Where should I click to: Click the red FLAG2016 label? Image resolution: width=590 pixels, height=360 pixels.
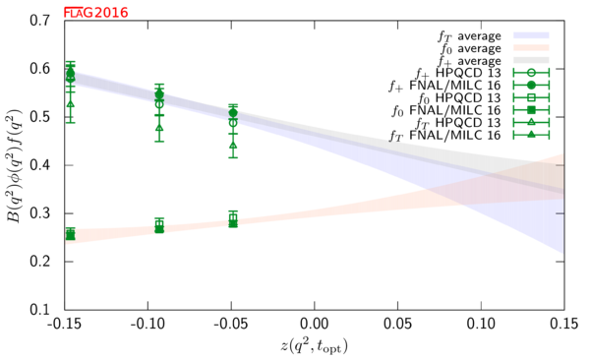click(x=96, y=13)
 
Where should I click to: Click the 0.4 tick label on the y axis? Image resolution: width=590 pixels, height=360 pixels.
click(x=39, y=165)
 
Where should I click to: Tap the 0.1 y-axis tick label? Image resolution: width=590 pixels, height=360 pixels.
click(x=39, y=310)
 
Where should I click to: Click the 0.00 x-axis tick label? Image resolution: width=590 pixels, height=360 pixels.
click(x=315, y=324)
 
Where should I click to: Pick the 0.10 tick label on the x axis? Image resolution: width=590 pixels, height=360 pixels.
click(x=481, y=324)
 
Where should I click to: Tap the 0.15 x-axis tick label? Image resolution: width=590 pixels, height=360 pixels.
click(x=564, y=324)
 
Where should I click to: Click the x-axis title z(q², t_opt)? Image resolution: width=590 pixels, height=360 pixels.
click(x=315, y=345)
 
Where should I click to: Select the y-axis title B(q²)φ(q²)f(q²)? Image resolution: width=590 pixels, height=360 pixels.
click(x=15, y=165)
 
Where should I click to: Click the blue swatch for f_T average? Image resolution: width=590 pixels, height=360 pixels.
click(x=531, y=35)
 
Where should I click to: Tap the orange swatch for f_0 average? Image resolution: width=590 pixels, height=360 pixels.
click(x=531, y=48)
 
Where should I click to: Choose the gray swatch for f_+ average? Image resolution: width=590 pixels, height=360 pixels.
click(x=531, y=60)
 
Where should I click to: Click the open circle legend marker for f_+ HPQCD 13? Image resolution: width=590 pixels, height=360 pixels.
click(x=531, y=73)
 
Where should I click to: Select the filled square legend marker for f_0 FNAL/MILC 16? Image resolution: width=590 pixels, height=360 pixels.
click(x=531, y=110)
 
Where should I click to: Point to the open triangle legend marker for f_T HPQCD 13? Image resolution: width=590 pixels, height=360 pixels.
click(x=531, y=122)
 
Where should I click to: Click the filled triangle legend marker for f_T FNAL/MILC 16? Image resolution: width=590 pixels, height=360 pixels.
click(x=531, y=135)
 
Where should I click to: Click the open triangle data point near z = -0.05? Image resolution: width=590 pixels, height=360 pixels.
click(x=233, y=146)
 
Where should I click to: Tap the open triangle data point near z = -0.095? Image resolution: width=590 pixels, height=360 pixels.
click(x=159, y=128)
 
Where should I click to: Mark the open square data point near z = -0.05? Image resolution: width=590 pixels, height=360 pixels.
click(x=233, y=217)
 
